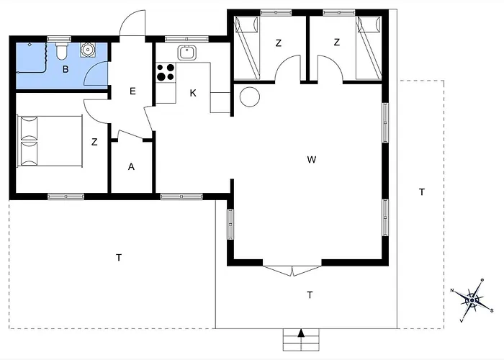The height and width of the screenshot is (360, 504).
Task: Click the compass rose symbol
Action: click(472, 298)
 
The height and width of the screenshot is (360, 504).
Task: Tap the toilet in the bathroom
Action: click(62, 51)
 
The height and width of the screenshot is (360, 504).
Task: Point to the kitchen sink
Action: click(186, 52)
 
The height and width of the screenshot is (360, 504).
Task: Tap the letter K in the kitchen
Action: click(193, 93)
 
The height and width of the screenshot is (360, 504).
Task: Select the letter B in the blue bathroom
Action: click(66, 70)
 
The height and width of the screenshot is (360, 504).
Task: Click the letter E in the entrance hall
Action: click(132, 91)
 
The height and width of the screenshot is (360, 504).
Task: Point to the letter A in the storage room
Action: click(131, 166)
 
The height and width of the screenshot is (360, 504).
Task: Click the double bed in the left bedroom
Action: click(42, 140)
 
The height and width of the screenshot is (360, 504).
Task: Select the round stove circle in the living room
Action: click(250, 96)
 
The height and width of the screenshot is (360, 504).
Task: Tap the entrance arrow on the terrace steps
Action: click(301, 333)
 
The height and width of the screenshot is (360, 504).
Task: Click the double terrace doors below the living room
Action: click(293, 271)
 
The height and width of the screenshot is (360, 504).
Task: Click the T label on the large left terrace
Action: click(118, 257)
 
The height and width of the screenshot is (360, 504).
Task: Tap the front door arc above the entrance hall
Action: click(133, 23)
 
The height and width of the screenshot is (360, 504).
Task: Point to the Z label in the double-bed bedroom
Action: click(94, 143)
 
